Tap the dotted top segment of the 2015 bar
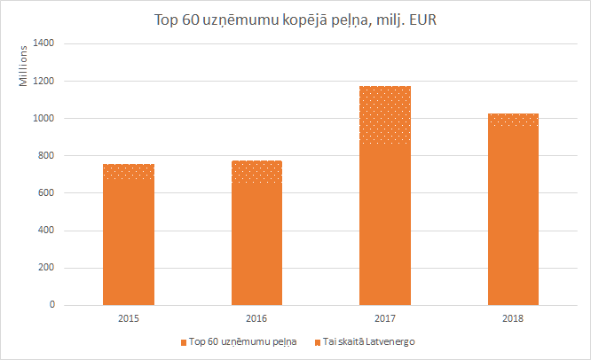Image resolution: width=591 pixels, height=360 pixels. point(129,172)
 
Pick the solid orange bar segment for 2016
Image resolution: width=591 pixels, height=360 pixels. point(256,244)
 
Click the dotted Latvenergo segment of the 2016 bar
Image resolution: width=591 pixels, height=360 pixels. point(256,172)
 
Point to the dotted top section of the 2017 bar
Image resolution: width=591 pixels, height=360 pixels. point(384,114)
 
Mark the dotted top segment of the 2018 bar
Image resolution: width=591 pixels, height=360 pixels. point(513,120)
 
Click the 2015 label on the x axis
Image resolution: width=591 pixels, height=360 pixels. point(129,317)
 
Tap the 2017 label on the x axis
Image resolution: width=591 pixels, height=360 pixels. point(384,317)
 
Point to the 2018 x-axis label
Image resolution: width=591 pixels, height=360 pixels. point(513,317)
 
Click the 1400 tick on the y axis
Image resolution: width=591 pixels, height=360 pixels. point(43,43)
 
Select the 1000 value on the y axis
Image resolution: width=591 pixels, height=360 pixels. point(43,118)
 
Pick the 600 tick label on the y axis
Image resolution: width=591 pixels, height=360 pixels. point(46,193)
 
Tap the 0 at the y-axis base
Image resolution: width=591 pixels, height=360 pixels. point(51,305)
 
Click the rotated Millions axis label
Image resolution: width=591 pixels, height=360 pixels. point(25,66)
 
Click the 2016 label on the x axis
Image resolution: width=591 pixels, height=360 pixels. point(256,317)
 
